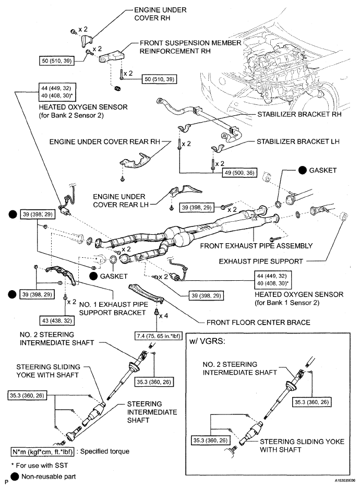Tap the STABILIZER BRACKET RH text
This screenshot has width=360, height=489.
(299, 116)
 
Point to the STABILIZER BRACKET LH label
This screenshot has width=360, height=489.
(298, 141)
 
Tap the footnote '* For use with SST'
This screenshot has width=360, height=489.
(39, 464)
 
